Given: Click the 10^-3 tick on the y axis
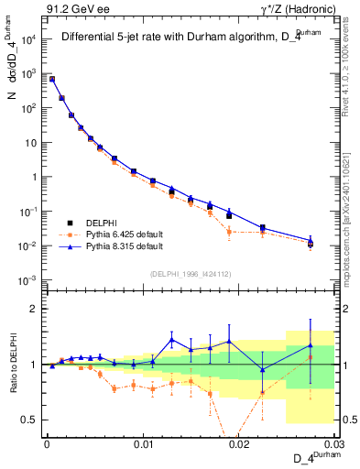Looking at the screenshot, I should (x=28, y=280).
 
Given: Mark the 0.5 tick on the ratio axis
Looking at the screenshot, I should (x=30, y=420).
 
